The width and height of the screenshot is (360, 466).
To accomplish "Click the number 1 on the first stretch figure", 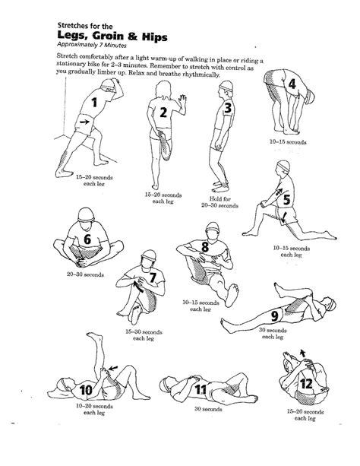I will (95, 102).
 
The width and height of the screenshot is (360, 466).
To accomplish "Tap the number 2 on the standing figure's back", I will (163, 113).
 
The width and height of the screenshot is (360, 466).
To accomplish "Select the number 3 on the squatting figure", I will (226, 109).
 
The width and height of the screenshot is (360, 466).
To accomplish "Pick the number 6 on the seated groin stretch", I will (87, 240).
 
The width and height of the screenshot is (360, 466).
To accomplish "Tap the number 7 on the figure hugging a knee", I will (153, 278).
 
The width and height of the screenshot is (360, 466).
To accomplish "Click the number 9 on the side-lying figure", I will (275, 315).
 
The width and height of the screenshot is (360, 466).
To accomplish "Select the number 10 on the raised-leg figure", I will (86, 391).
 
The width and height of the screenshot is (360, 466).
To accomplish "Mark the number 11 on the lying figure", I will (201, 390).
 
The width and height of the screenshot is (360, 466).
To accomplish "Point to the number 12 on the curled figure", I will (305, 384).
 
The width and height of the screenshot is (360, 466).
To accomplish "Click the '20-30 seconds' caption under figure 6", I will (84, 274).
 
